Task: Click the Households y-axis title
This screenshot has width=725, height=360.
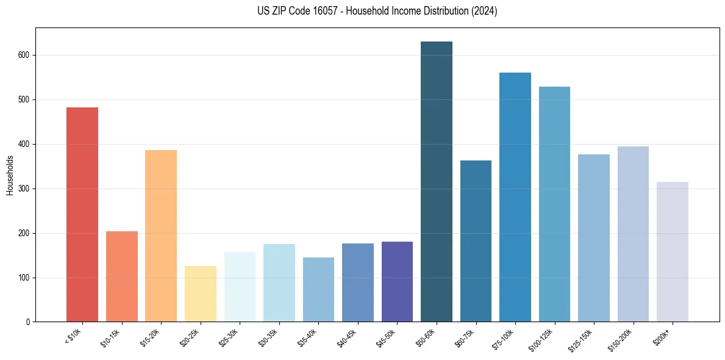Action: coord(10,175)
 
